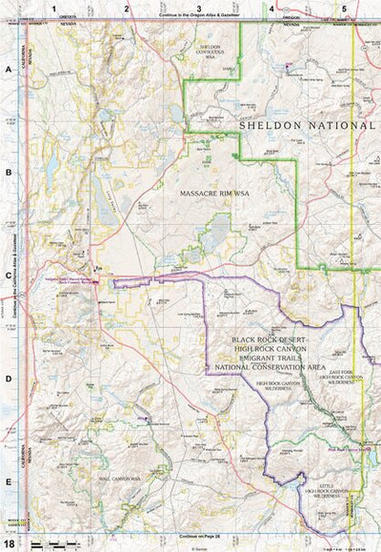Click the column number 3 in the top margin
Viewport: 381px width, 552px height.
point(199,8)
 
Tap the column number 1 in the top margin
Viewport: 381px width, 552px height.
point(55,8)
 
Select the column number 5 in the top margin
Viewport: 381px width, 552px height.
point(344,8)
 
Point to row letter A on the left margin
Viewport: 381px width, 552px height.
point(8,71)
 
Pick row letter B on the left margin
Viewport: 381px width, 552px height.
point(8,174)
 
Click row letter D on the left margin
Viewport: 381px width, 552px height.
point(8,379)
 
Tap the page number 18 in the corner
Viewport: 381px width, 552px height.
point(9,543)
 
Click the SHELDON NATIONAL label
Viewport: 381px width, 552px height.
point(307,125)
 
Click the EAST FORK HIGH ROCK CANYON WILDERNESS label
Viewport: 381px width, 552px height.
point(341,379)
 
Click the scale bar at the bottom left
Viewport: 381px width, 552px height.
point(52,543)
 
